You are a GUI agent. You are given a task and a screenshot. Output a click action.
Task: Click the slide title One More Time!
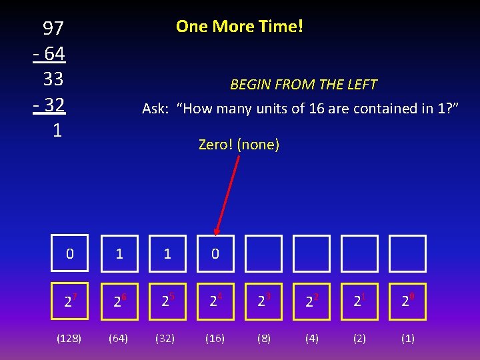click(239, 27)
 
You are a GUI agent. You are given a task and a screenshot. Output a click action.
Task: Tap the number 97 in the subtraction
click(53, 28)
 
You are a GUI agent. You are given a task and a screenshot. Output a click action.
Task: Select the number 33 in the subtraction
click(53, 79)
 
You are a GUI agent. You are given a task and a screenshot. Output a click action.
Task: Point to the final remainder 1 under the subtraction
click(57, 131)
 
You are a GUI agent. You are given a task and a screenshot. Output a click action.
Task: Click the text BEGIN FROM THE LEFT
click(303, 85)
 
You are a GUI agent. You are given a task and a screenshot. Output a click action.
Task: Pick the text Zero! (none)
click(239, 144)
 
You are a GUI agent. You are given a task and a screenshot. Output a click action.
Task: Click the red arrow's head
click(217, 229)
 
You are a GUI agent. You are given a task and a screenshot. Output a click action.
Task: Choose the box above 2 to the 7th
click(70, 254)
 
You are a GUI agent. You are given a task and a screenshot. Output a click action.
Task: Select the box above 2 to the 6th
click(119, 254)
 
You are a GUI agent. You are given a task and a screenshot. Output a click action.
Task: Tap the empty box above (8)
click(263, 254)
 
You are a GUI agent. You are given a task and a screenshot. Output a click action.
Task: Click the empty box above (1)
click(407, 254)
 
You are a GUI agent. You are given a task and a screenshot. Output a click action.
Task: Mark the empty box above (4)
click(311, 254)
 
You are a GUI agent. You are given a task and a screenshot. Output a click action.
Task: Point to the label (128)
click(69, 339)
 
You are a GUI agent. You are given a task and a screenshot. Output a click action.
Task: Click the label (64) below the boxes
click(119, 339)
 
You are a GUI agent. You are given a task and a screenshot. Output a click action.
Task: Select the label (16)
click(215, 339)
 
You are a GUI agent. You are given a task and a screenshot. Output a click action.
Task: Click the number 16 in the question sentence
click(316, 109)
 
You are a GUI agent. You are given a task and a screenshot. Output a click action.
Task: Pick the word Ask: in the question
click(155, 109)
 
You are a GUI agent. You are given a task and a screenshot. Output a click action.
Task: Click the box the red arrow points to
click(215, 254)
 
